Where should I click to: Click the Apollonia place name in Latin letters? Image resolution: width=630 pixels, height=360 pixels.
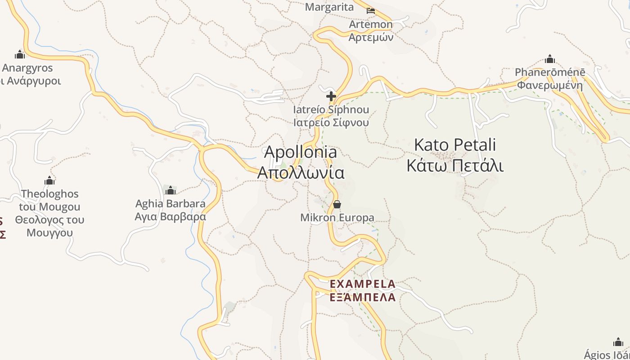click(x=300, y=152)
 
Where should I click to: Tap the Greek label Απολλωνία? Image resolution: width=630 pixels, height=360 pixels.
click(x=301, y=173)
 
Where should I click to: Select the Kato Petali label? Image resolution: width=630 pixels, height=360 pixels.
click(x=454, y=145)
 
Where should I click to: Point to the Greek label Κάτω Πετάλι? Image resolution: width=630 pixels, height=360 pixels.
click(x=454, y=166)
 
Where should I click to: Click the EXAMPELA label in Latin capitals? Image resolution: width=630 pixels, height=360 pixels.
click(x=363, y=284)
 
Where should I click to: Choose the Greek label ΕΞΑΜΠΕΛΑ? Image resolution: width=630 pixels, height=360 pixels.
click(x=363, y=297)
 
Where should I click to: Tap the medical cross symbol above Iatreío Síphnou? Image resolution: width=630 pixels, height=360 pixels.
click(x=331, y=96)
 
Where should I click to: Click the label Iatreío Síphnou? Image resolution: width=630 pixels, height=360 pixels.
click(x=331, y=110)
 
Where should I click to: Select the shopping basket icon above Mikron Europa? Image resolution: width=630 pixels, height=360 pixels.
click(x=337, y=205)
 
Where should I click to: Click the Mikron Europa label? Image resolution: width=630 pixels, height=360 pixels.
click(x=337, y=218)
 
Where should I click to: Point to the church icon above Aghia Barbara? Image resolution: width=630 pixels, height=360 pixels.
click(x=171, y=190)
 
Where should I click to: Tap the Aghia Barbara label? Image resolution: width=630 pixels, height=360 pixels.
click(x=171, y=203)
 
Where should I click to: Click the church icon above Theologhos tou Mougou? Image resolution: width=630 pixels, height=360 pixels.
click(x=49, y=181)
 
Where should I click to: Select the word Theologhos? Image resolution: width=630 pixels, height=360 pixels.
click(x=49, y=194)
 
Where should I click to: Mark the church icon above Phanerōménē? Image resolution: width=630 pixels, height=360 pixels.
click(x=550, y=59)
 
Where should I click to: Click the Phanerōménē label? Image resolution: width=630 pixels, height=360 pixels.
click(x=550, y=72)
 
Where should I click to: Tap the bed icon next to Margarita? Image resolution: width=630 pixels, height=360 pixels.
click(x=371, y=10)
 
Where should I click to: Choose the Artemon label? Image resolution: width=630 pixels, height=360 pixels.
click(x=371, y=24)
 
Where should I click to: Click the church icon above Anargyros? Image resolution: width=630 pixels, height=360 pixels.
click(x=20, y=55)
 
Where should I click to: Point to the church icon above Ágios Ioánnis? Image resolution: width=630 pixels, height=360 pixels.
click(x=618, y=342)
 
